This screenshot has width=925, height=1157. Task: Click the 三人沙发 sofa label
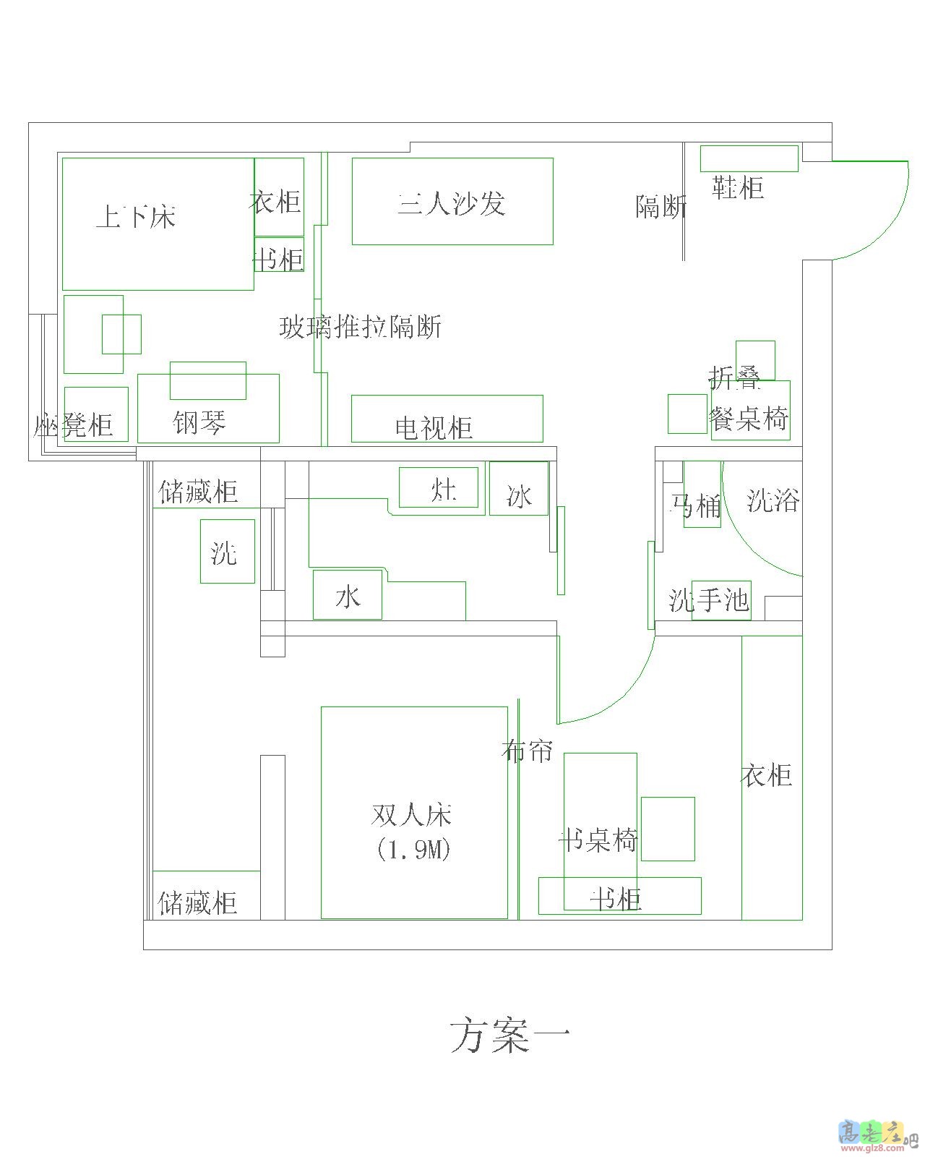pyautogui.click(x=451, y=204)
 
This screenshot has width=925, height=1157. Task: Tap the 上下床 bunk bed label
pyautogui.click(x=136, y=216)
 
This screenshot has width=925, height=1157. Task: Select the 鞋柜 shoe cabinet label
pyautogui.click(x=738, y=187)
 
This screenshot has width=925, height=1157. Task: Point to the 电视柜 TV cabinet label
pyautogui.click(x=434, y=427)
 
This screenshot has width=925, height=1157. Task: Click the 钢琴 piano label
pyautogui.click(x=199, y=422)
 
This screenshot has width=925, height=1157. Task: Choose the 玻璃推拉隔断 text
pyautogui.click(x=360, y=328)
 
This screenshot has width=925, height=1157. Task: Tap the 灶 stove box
pyautogui.click(x=442, y=490)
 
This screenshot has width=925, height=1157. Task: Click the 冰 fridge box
pyautogui.click(x=519, y=496)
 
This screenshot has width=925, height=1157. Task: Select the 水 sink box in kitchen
pyautogui.click(x=348, y=597)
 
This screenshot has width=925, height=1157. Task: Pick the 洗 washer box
pyautogui.click(x=224, y=553)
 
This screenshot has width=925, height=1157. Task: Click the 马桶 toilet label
pyautogui.click(x=695, y=505)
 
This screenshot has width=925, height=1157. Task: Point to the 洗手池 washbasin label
pyautogui.click(x=709, y=600)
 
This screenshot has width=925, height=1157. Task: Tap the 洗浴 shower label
pyautogui.click(x=773, y=500)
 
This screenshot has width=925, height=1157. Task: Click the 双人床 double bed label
pyautogui.click(x=411, y=815)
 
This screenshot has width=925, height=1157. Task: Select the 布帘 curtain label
pyautogui.click(x=527, y=751)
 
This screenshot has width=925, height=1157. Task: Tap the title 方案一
pyautogui.click(x=510, y=1036)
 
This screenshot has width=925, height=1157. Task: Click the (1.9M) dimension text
pyautogui.click(x=413, y=850)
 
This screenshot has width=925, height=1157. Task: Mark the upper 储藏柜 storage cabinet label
pyautogui.click(x=198, y=492)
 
